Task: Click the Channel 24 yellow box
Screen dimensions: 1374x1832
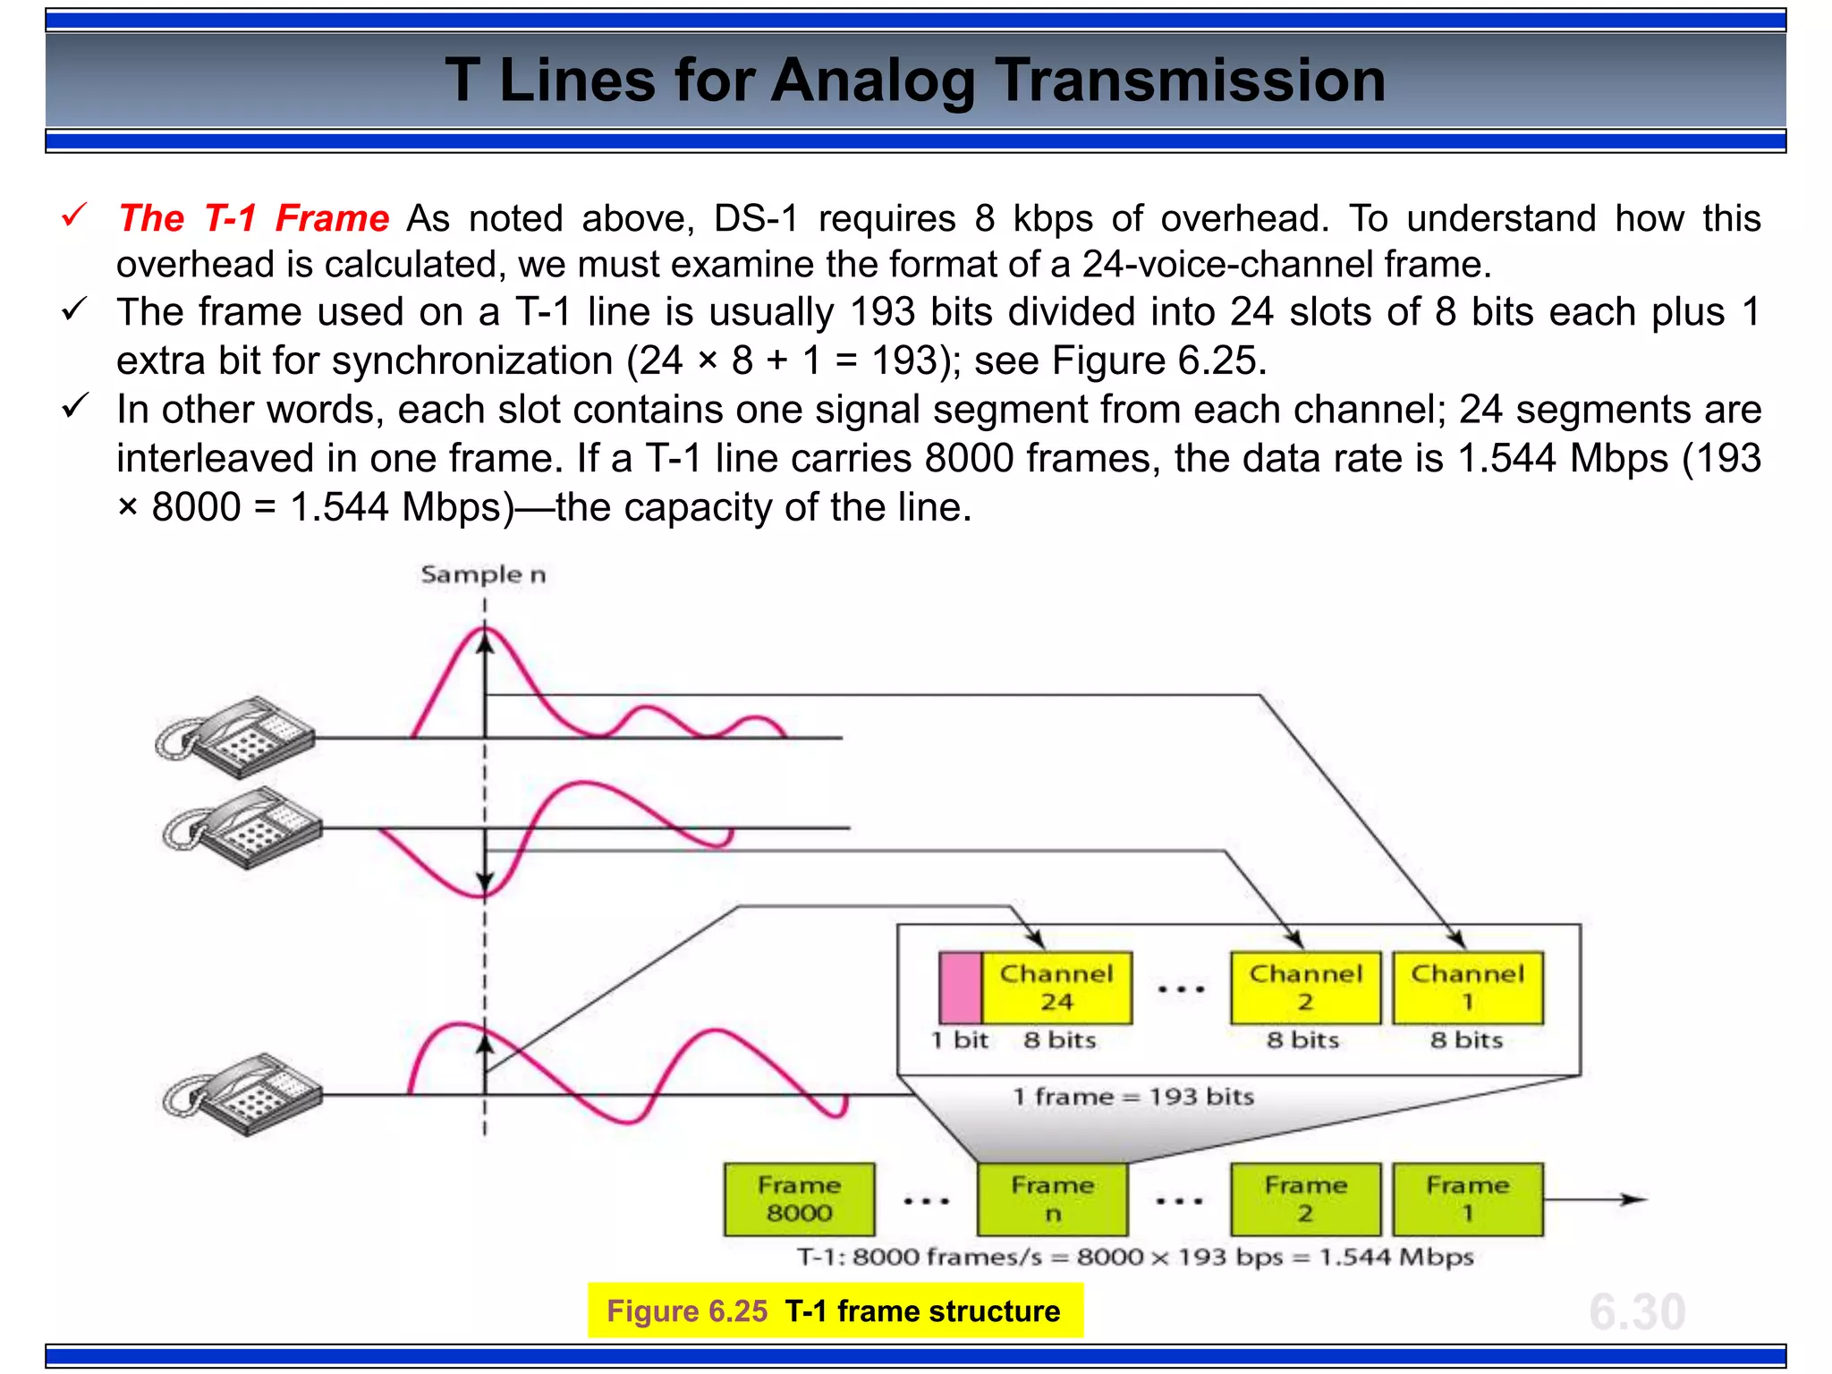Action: [x=1056, y=988]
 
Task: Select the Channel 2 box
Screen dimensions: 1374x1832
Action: [x=1305, y=988]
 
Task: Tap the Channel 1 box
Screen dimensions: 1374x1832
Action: [x=1468, y=988]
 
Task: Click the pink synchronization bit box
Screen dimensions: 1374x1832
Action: [x=961, y=988]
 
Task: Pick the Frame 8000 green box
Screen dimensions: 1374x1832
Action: [x=799, y=1199]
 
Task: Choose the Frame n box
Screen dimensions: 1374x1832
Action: [x=1052, y=1199]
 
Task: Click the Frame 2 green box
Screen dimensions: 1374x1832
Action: [x=1305, y=1199]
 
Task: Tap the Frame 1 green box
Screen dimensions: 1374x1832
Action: [x=1468, y=1199]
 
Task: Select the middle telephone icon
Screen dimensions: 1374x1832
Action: [x=242, y=827]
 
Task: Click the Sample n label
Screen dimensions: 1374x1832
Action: [x=483, y=574]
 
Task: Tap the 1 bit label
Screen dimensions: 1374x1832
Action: [x=959, y=1040]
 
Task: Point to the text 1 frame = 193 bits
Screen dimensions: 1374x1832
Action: [x=1132, y=1097]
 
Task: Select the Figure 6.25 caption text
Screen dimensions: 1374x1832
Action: [x=834, y=1310]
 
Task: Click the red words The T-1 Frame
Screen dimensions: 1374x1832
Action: [x=254, y=218]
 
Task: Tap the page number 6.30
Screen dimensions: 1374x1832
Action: [x=1637, y=1311]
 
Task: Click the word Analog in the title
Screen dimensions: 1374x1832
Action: [x=872, y=81]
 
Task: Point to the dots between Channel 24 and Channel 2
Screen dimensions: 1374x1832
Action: [x=1181, y=989]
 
